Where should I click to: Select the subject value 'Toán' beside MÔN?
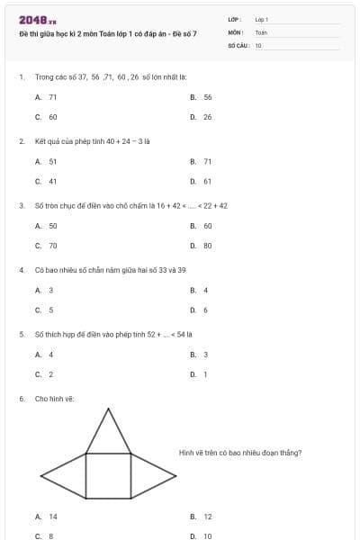pos(261,31)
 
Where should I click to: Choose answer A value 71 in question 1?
pos(53,96)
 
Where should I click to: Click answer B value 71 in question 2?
pos(208,161)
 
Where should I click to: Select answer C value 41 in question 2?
pos(53,181)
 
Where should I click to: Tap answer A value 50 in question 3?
pos(53,226)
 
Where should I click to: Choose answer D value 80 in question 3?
pos(208,246)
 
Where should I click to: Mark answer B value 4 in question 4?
pos(206,290)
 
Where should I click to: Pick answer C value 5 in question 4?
pos(51,310)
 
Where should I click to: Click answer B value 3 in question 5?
pos(206,355)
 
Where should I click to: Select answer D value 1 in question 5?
pos(206,374)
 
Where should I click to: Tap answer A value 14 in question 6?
pos(53,517)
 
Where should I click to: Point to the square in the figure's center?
pos(108,475)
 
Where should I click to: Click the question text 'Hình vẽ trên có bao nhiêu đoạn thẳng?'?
pos(240,453)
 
